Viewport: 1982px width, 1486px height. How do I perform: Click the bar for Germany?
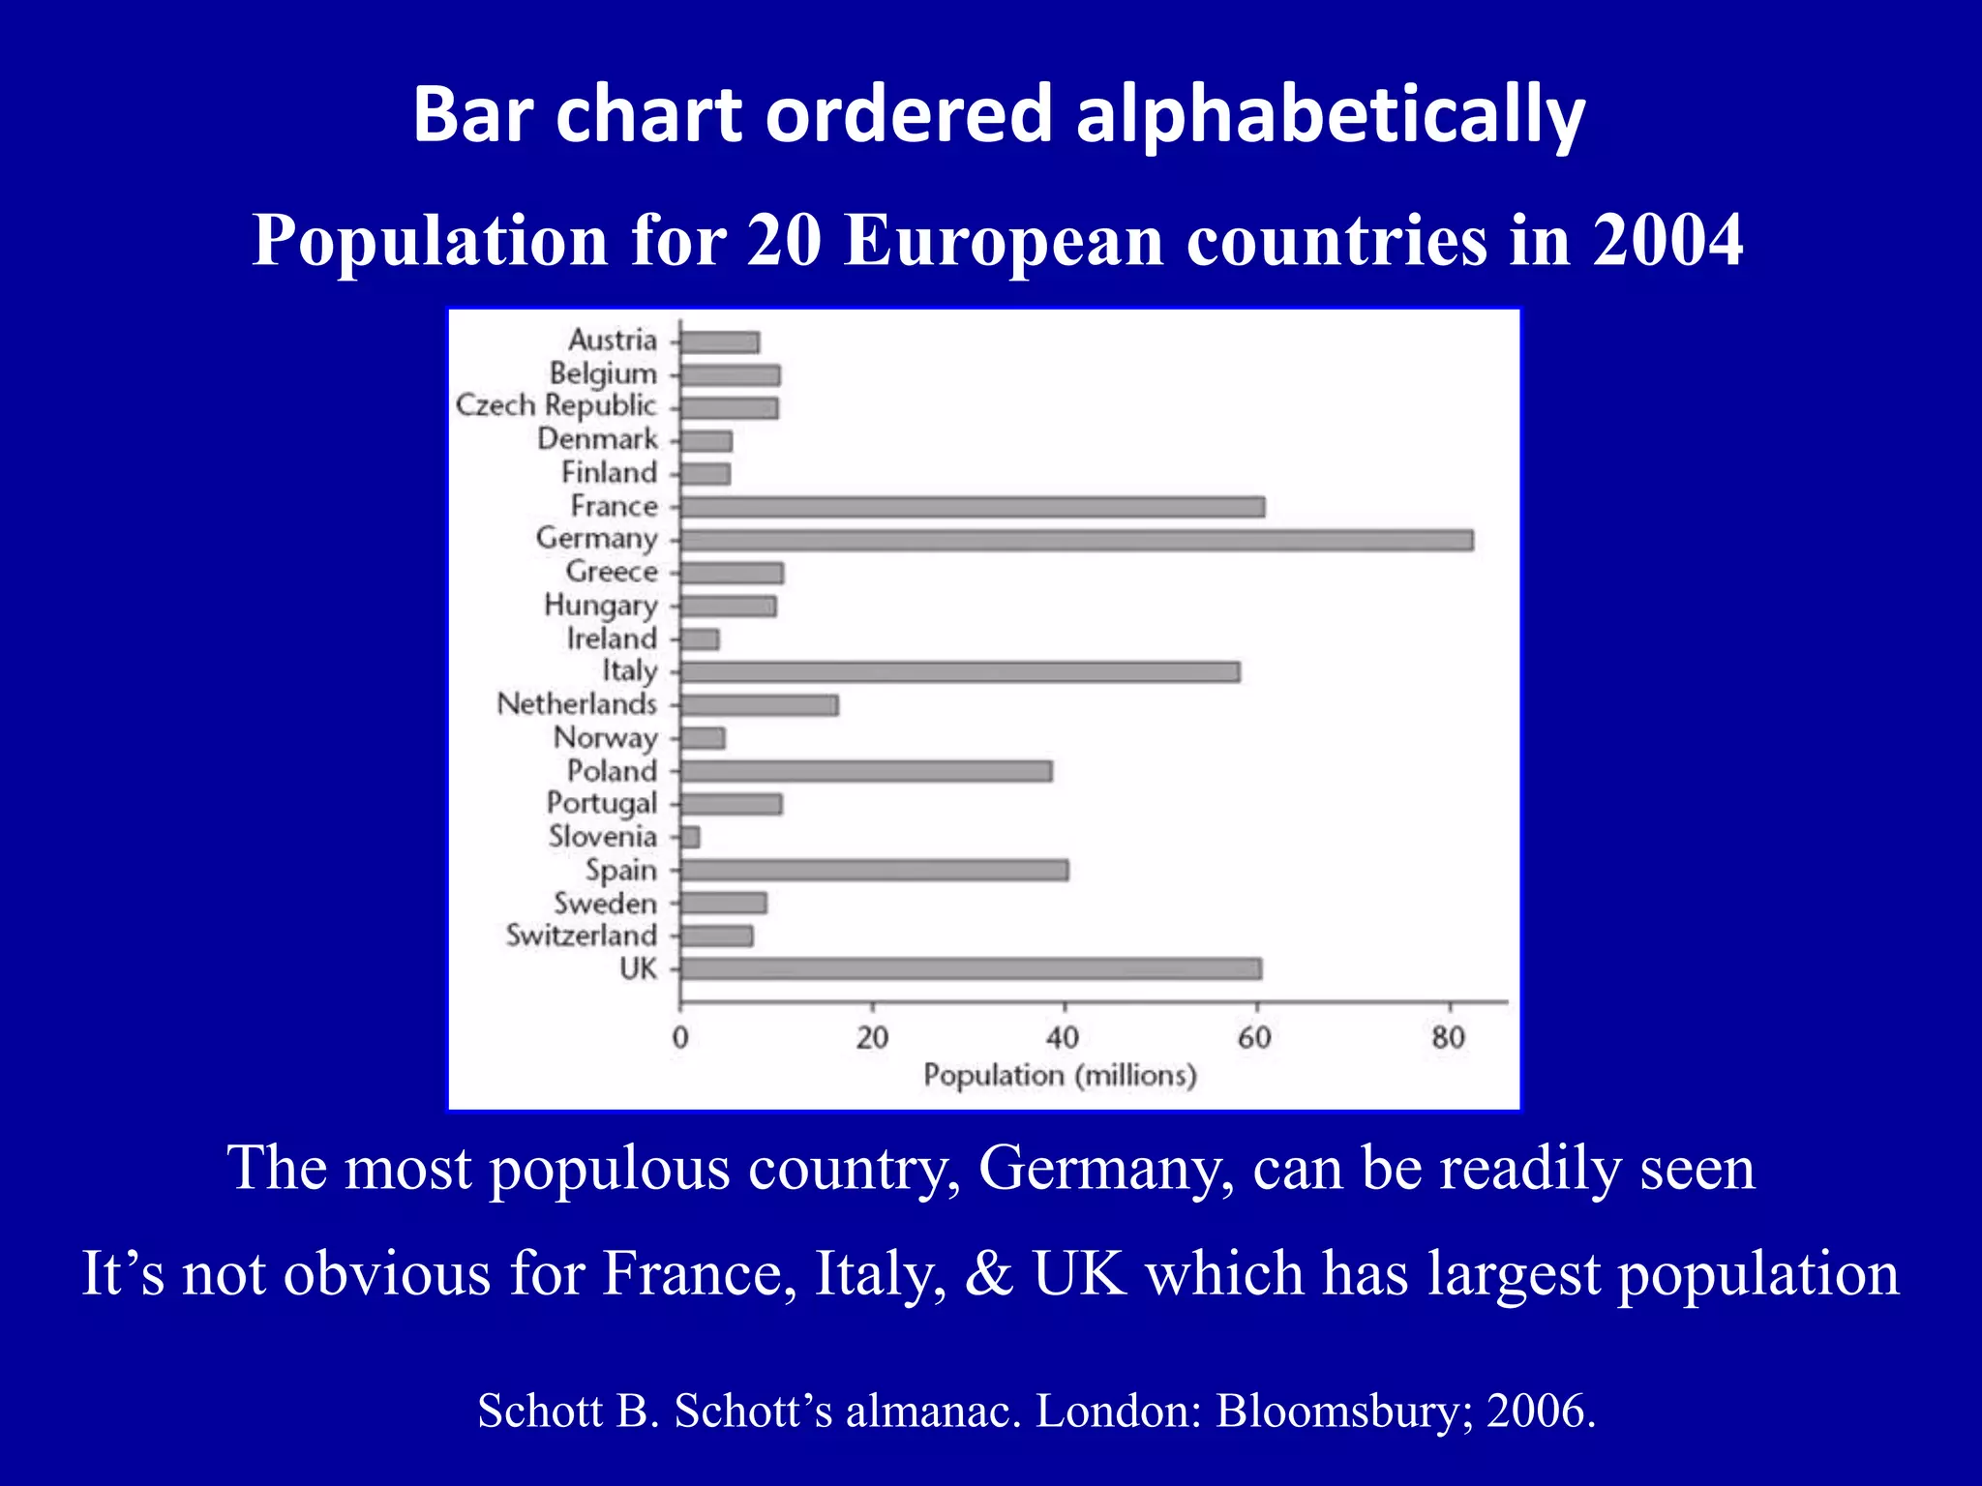click(x=1076, y=540)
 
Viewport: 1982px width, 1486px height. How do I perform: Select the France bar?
click(x=972, y=507)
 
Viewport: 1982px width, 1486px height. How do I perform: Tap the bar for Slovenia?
click(x=690, y=837)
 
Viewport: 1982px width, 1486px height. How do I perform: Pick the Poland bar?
click(x=865, y=771)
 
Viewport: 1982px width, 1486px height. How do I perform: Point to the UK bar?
click(x=971, y=968)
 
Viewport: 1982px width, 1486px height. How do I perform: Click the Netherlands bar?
click(x=759, y=705)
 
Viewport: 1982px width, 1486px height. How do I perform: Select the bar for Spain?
click(x=874, y=870)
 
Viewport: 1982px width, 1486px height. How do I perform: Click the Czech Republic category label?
click(x=556, y=405)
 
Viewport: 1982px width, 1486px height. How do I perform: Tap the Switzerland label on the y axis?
click(x=581, y=936)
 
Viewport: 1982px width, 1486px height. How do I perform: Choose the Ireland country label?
click(x=612, y=639)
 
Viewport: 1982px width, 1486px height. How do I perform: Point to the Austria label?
click(x=612, y=341)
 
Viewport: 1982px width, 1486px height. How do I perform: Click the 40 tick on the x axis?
click(x=1063, y=1038)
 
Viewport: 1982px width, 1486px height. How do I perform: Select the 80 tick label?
click(x=1448, y=1038)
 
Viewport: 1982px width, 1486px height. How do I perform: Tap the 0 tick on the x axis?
click(x=680, y=1038)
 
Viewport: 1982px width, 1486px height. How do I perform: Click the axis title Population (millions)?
click(x=1060, y=1076)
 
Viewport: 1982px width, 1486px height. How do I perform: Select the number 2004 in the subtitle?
click(x=1667, y=240)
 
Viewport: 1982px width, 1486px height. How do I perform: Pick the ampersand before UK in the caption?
click(x=988, y=1273)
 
